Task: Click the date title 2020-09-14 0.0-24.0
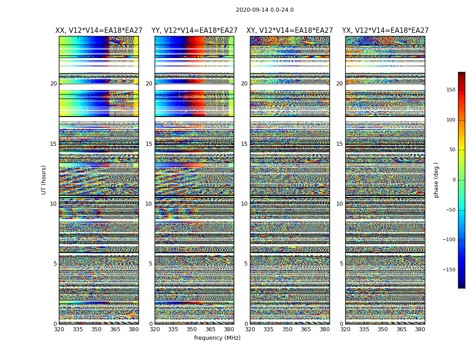point(265,10)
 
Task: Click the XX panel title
point(99,31)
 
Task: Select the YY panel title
point(194,31)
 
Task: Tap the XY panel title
point(289,31)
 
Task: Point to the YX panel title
point(385,31)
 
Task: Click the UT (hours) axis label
point(44,180)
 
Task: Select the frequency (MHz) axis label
point(217,338)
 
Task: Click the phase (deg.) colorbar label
point(436,180)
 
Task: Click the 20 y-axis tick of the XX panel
point(53,84)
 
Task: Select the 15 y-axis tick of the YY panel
point(149,144)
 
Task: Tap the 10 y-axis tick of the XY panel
point(244,204)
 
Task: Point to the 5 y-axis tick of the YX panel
point(341,264)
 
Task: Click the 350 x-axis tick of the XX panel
point(97,329)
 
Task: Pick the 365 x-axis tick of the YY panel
point(210,329)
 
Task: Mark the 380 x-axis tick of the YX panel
point(420,329)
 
